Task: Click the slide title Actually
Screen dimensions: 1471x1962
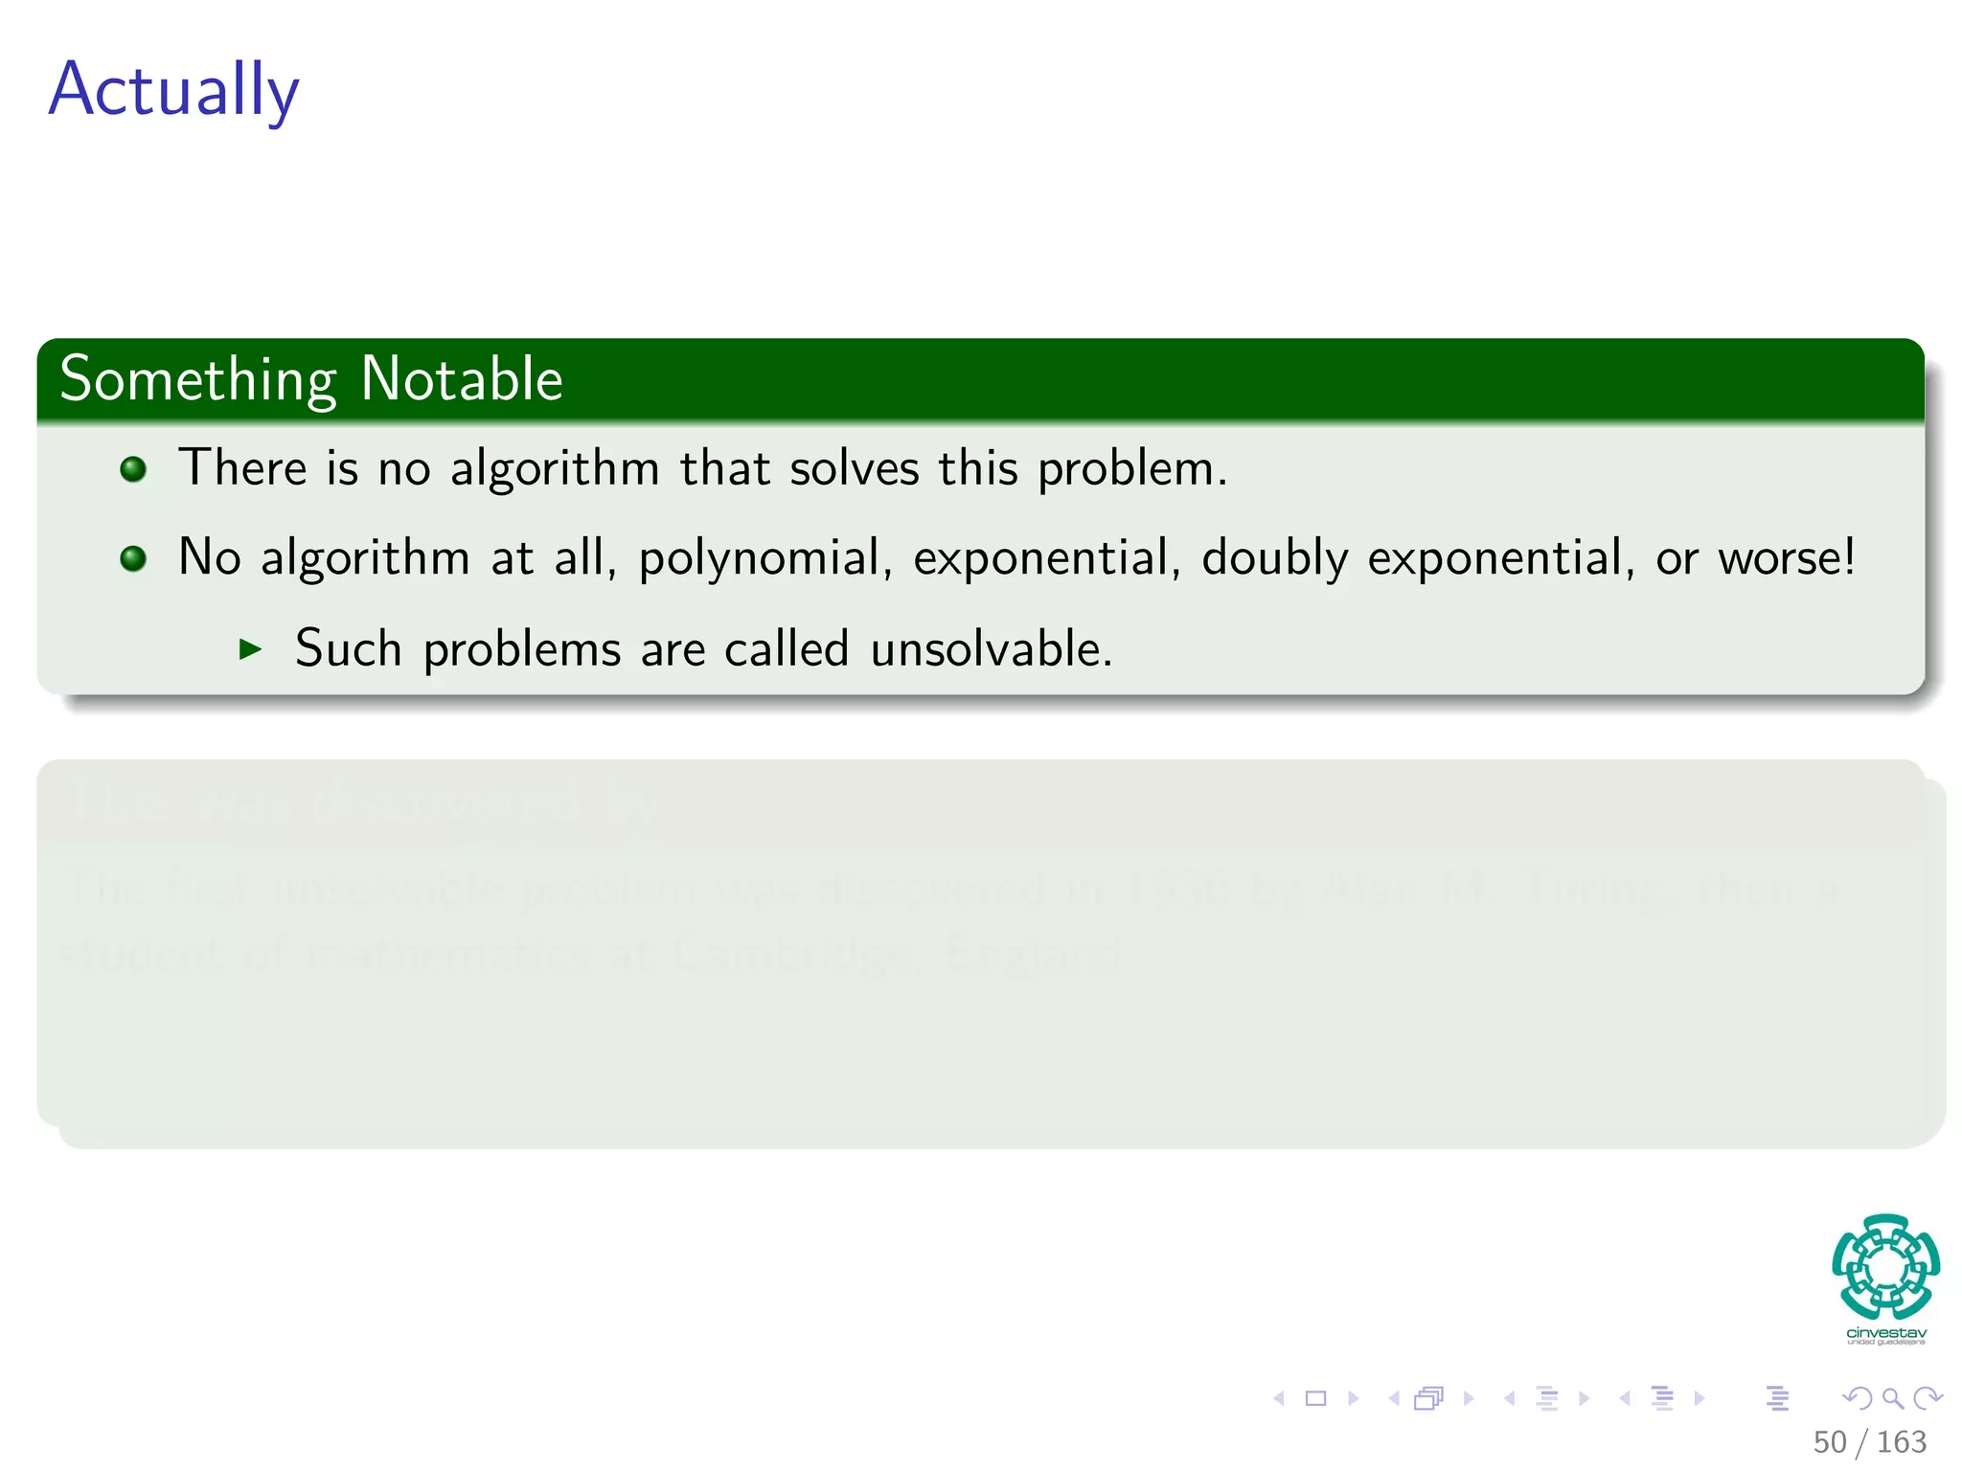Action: click(173, 89)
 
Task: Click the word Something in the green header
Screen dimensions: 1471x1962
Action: click(197, 379)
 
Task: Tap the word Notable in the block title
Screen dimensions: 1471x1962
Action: click(461, 379)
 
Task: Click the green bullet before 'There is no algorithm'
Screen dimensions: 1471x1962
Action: click(133, 469)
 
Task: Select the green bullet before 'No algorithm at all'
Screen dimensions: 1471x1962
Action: click(133, 558)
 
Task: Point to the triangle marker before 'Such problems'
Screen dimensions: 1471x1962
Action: click(250, 649)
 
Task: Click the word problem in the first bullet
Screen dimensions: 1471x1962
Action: click(1130, 469)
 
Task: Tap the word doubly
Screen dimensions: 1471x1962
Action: click(1274, 558)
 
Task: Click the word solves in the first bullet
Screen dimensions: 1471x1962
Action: click(854, 469)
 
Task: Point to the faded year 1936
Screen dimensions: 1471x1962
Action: click(1176, 889)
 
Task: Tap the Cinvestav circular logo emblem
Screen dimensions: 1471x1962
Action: click(1885, 1266)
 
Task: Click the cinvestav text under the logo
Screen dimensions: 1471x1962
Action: click(1885, 1333)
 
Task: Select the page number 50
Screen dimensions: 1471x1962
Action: click(1829, 1442)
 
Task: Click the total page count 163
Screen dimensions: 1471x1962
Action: click(1901, 1442)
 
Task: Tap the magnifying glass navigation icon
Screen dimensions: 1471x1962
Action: click(1892, 1398)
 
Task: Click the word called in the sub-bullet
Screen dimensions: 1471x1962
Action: click(786, 649)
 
